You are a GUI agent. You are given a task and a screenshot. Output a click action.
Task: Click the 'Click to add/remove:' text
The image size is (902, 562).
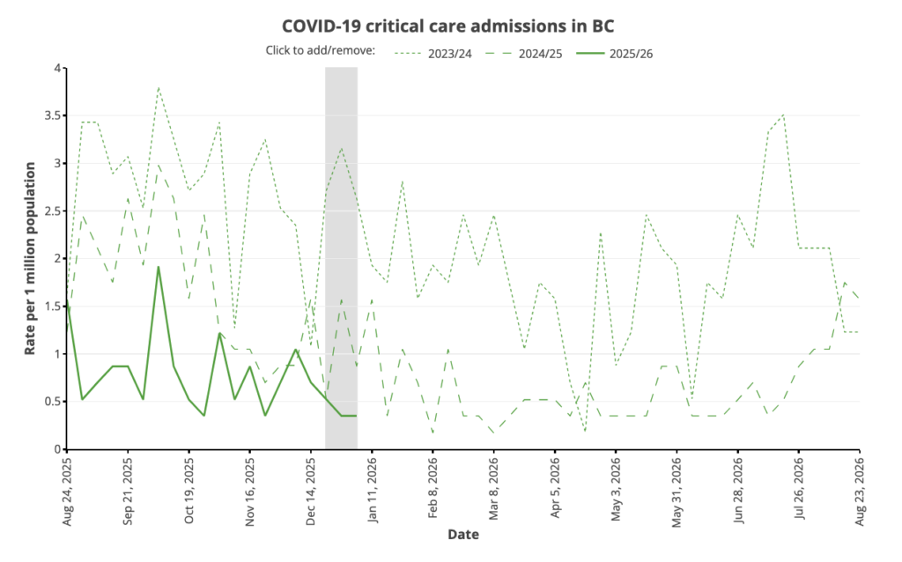(321, 50)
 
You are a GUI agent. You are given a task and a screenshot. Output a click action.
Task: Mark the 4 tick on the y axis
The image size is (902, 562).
(56, 68)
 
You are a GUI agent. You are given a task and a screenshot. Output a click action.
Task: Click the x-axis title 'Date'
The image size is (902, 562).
(463, 534)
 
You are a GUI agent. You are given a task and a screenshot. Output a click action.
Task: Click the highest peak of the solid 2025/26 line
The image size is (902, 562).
(159, 267)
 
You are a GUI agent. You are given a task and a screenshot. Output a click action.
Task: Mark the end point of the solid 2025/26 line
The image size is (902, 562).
(356, 416)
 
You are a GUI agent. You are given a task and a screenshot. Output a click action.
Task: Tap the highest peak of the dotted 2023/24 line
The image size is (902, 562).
(159, 87)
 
